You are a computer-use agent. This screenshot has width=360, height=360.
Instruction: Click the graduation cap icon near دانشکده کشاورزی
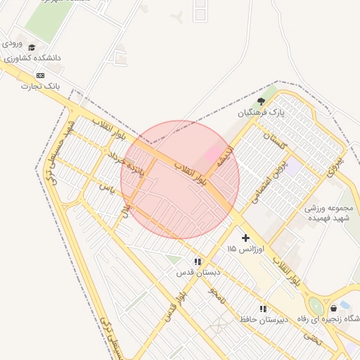click(x=31, y=47)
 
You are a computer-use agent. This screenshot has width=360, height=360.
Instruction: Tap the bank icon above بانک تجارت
click(x=40, y=75)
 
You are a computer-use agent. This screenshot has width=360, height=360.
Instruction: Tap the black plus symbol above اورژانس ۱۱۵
click(x=245, y=238)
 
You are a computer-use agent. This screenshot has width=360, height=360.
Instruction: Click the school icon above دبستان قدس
click(x=198, y=261)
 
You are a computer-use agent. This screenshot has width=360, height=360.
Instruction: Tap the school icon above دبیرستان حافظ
click(x=263, y=309)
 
